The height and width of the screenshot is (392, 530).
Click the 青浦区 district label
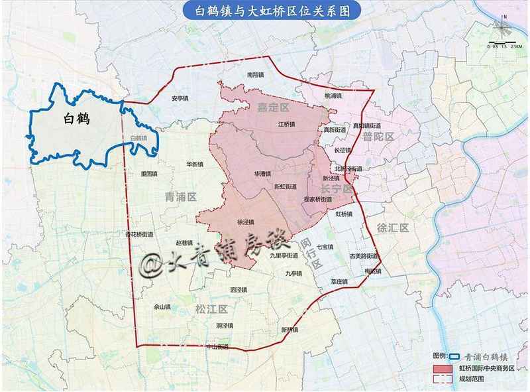pos(180,196)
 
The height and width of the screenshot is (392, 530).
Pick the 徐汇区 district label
pos(394,227)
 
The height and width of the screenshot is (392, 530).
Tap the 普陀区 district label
pos(378,137)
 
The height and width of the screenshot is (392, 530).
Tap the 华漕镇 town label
pos(264,174)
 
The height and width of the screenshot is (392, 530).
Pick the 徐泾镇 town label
pos(246,222)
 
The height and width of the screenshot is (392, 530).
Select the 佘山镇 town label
pos(162,307)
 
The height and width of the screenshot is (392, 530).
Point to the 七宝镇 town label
pos(325,247)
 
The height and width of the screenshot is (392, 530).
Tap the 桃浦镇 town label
pos(333,96)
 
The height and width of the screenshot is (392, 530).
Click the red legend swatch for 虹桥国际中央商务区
pos(441,367)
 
